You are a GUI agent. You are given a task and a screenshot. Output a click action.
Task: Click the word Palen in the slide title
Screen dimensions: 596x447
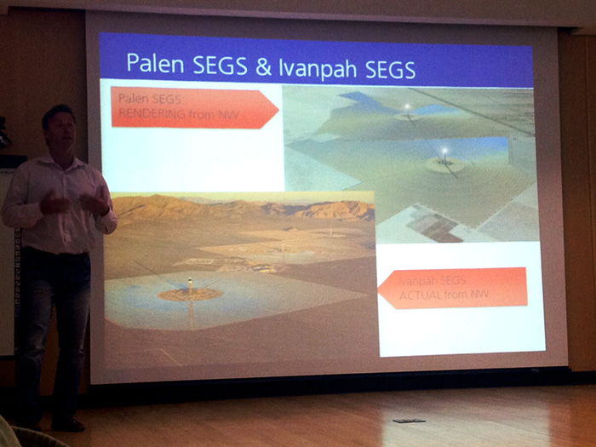pos(155,63)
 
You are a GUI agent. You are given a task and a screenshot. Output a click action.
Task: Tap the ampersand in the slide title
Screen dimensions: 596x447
pos(263,66)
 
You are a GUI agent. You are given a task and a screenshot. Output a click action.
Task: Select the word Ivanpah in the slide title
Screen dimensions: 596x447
pos(318,69)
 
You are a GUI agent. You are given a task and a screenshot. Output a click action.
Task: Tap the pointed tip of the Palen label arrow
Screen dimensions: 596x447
pos(278,110)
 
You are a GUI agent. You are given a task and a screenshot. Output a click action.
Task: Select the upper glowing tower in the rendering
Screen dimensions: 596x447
pos(407,106)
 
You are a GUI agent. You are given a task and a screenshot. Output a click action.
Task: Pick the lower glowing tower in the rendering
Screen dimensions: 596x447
pos(444,152)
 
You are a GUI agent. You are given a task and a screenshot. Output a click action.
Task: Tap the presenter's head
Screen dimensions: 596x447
pos(59,128)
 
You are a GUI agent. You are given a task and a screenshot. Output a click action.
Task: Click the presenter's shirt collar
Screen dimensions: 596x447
pos(57,160)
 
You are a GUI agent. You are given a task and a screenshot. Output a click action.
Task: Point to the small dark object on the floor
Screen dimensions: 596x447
pos(409,421)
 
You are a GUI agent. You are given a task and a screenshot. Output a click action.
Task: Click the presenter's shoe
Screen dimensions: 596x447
pos(67,425)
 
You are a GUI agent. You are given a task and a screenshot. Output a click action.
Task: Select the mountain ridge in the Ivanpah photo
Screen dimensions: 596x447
pos(244,208)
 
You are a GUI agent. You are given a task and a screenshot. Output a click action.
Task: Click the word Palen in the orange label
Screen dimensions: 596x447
pos(133,99)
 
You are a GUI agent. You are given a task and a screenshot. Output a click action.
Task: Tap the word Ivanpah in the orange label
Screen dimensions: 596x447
pos(415,281)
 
